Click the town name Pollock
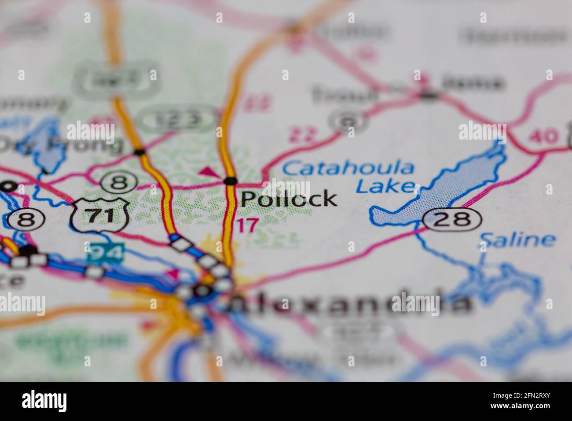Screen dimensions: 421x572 (289, 199)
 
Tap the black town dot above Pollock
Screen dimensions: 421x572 (230, 181)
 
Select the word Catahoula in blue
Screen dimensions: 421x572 (348, 168)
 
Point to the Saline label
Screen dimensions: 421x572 (517, 240)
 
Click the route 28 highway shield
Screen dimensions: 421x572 (452, 219)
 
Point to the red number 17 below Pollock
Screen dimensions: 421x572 (247, 226)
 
